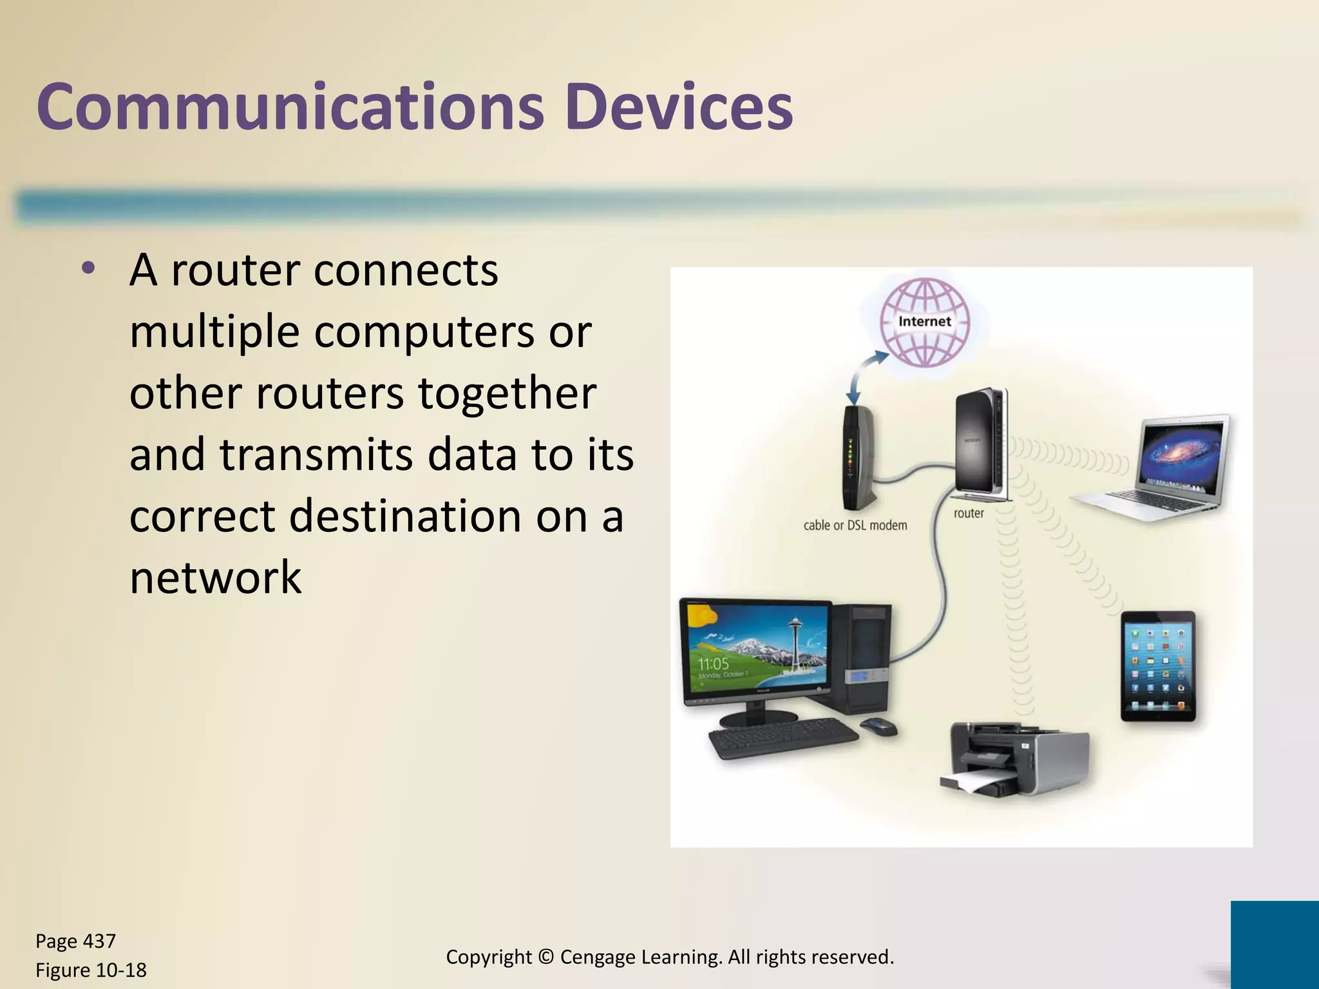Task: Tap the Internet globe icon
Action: (x=925, y=322)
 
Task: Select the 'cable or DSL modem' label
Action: (x=855, y=525)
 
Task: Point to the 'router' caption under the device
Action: (x=969, y=513)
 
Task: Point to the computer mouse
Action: (x=878, y=726)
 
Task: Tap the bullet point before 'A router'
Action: (x=88, y=268)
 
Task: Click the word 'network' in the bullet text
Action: (x=215, y=577)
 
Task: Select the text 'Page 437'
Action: (x=75, y=941)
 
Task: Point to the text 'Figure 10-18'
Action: (x=91, y=970)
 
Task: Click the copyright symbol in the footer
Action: (x=546, y=957)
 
